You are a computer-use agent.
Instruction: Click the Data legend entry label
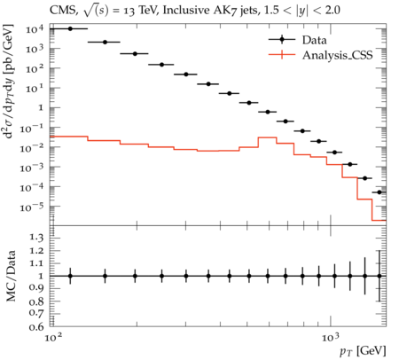[314, 40]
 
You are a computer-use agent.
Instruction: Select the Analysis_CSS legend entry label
[337, 55]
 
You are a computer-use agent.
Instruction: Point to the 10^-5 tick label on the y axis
[31, 207]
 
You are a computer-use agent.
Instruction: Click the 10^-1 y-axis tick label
[31, 128]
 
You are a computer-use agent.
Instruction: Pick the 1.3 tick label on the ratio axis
[36, 238]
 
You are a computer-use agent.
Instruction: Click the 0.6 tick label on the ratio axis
[36, 326]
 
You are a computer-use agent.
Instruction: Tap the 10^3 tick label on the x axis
[331, 337]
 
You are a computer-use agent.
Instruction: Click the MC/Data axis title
[11, 276]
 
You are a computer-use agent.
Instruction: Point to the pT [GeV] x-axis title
[363, 351]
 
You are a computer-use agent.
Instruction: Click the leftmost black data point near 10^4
[70, 28]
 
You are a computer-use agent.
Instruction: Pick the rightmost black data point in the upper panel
[379, 192]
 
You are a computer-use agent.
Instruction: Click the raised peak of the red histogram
[267, 137]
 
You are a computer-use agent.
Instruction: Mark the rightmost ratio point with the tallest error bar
[379, 276]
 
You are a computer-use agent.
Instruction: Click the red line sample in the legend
[282, 55]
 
